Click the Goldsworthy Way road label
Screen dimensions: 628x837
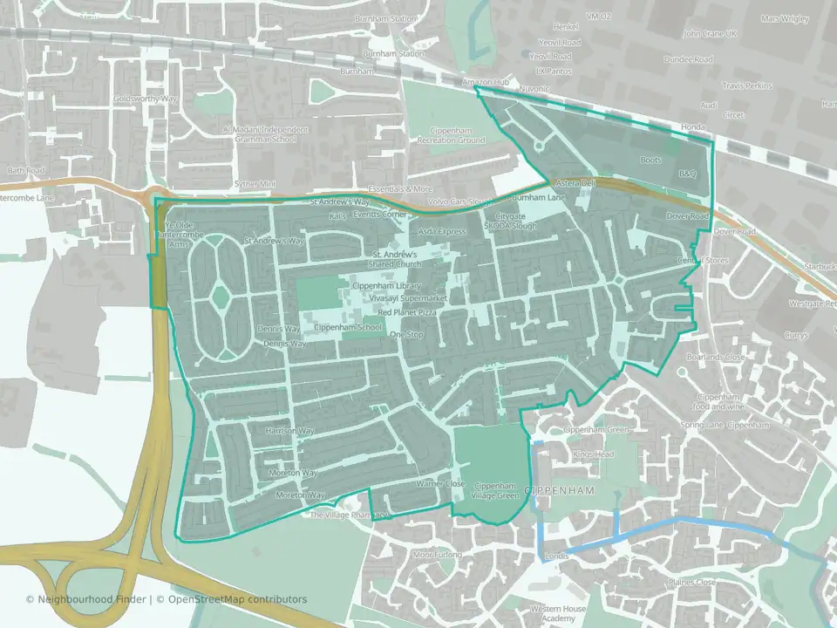(145, 99)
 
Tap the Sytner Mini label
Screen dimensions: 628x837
(255, 184)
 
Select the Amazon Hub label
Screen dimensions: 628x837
(485, 82)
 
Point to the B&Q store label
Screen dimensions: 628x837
(689, 174)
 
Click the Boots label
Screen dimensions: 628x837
(650, 160)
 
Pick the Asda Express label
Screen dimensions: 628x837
(442, 232)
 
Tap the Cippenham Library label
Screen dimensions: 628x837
(386, 286)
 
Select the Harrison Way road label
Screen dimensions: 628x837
(289, 431)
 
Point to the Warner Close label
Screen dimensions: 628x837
(440, 483)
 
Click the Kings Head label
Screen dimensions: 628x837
(593, 455)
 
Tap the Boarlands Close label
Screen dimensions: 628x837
(715, 358)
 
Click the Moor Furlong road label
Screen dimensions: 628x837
(435, 554)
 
